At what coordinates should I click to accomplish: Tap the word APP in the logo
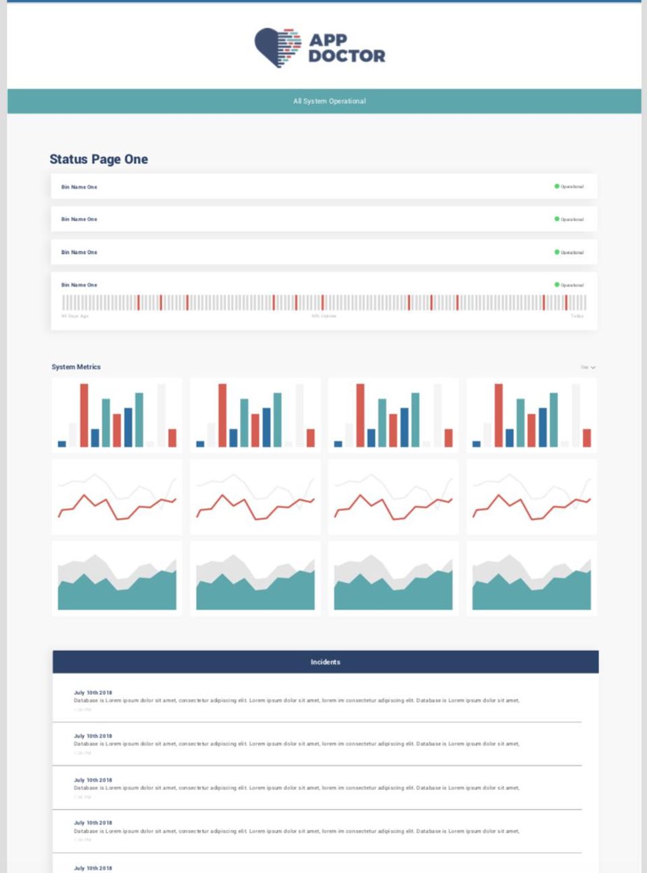328,40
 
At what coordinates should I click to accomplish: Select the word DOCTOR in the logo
346,56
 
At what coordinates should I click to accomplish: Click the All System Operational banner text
330,101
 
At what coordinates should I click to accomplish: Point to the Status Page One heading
98,159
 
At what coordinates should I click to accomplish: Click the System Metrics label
76,367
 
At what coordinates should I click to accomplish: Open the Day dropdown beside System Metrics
588,367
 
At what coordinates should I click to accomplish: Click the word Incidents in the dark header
326,662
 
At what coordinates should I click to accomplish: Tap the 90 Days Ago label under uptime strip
75,316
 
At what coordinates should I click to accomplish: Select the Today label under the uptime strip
577,316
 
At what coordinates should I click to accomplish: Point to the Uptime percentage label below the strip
323,316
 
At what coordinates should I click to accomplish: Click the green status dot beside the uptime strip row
557,285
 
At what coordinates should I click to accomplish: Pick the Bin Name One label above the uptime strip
80,285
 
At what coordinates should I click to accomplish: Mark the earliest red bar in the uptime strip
138,302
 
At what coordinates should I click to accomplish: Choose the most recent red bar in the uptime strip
566,302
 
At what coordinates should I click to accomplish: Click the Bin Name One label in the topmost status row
80,187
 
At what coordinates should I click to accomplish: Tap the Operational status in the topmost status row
572,187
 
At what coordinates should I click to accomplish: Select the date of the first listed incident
93,693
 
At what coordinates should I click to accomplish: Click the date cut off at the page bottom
93,868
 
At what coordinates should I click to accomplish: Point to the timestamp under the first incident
82,710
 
